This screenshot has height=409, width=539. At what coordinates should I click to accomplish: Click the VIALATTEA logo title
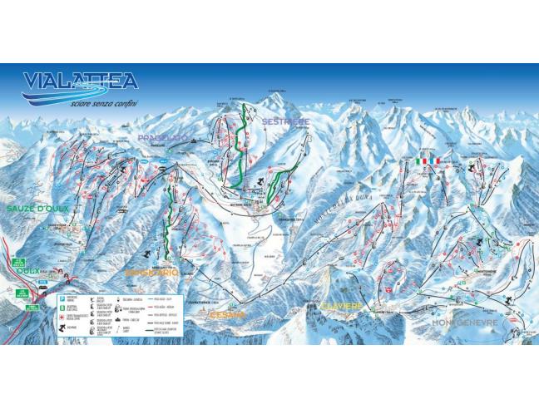click(81, 80)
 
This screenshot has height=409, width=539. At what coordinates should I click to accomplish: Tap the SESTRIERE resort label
click(285, 121)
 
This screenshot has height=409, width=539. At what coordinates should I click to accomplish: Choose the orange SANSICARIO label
click(151, 272)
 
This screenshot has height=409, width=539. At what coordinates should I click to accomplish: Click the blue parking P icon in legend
click(62, 295)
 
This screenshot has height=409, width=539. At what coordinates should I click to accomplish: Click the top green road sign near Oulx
click(20, 260)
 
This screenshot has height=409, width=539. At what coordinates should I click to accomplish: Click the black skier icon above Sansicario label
click(148, 253)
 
